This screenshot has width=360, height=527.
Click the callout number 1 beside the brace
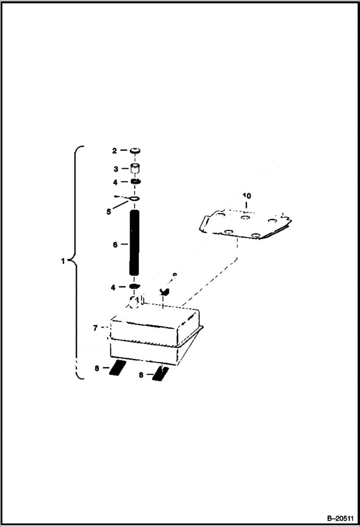click(x=63, y=261)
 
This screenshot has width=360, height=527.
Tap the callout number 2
click(x=114, y=151)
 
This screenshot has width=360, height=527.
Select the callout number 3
click(x=115, y=169)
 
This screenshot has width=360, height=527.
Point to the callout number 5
click(x=109, y=211)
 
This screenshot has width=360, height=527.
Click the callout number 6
click(x=115, y=245)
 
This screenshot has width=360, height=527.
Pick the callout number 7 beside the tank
click(x=95, y=328)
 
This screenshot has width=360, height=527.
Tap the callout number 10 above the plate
click(x=247, y=196)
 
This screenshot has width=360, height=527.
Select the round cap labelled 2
click(x=135, y=151)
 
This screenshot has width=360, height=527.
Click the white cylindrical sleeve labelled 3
click(x=135, y=169)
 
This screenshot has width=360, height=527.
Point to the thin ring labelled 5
click(x=135, y=199)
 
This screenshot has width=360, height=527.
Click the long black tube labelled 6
click(x=134, y=243)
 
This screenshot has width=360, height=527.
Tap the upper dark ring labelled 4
click(x=135, y=182)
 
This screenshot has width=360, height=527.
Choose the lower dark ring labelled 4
click(x=135, y=287)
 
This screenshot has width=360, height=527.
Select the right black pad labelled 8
click(x=160, y=373)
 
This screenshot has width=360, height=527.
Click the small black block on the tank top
click(x=166, y=291)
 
